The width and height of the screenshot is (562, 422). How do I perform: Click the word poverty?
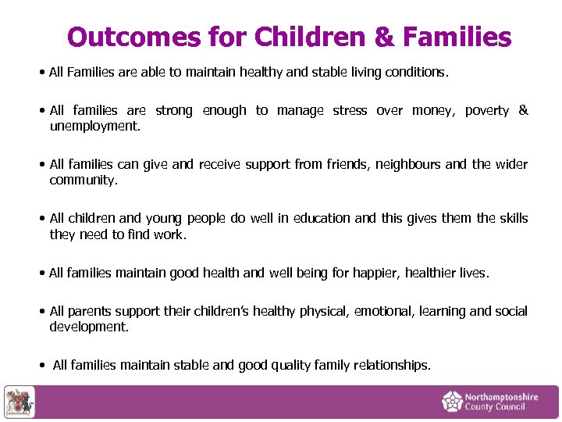coord(486,111)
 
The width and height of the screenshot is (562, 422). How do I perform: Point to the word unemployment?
coord(94,125)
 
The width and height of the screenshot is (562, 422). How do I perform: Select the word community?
coord(83,179)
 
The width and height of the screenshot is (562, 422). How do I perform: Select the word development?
coord(88,326)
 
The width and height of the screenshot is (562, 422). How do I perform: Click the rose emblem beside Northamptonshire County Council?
coord(452,402)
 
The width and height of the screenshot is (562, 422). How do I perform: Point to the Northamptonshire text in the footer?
coord(501,397)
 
